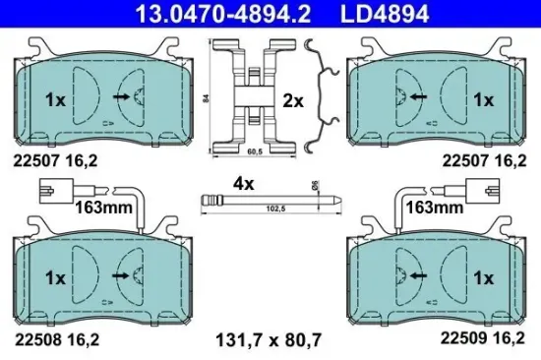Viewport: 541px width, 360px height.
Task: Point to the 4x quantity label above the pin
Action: pyautogui.click(x=243, y=182)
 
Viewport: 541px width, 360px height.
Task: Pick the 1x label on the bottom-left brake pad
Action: pyautogui.click(x=55, y=277)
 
